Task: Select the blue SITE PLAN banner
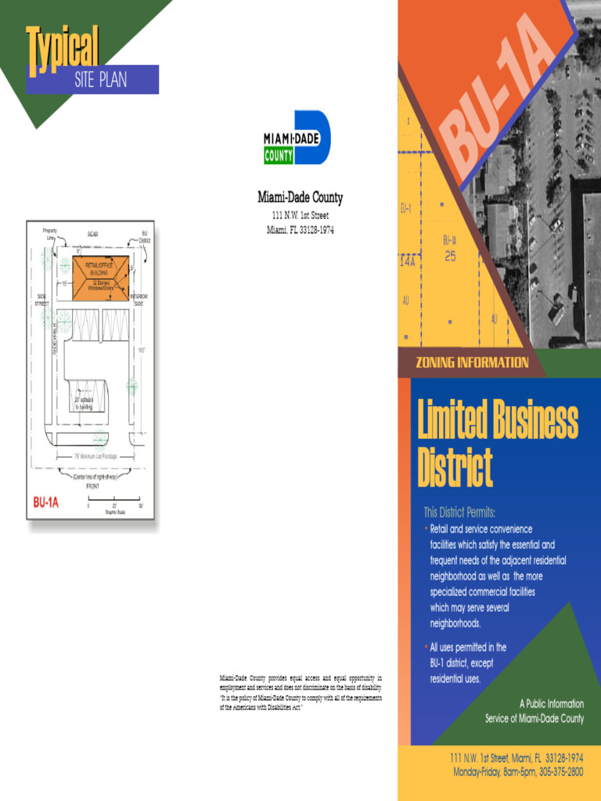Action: [100, 80]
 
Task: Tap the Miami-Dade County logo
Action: [297, 138]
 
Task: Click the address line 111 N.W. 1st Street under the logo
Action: [300, 215]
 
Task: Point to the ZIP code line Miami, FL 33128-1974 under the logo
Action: [300, 229]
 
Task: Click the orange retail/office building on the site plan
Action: [94, 277]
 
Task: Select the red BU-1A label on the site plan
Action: [46, 503]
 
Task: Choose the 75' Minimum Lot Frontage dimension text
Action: [95, 456]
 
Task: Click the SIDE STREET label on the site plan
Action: [41, 300]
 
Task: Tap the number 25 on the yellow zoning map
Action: [450, 256]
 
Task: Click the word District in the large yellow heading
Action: [455, 468]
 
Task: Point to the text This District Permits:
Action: [459, 513]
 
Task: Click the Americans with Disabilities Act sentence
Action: [300, 702]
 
